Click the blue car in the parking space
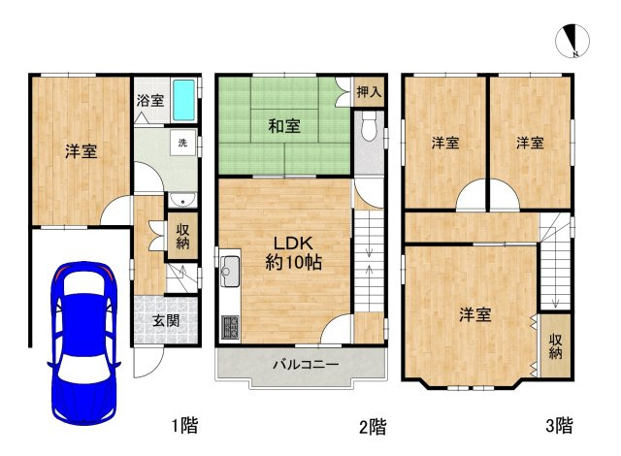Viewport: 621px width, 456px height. tap(83, 342)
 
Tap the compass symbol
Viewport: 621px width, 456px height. tap(572, 41)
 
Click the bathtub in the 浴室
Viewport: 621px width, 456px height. tap(183, 100)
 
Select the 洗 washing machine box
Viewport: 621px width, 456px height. tap(182, 143)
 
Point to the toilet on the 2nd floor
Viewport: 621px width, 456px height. tap(369, 126)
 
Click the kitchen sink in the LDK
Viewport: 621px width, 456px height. tap(230, 272)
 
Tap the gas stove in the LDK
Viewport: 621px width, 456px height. tap(230, 327)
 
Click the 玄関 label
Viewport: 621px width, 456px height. tap(166, 320)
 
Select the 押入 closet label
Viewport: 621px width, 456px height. tap(369, 92)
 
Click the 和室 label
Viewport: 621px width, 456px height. tap(284, 126)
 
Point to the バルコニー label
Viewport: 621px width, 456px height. tap(306, 364)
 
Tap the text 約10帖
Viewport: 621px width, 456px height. tap(293, 262)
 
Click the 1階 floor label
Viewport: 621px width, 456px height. tap(185, 426)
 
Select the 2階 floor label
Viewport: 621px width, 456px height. tap(373, 427)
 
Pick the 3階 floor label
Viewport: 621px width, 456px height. tap(559, 426)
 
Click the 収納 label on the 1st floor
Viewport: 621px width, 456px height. tap(182, 237)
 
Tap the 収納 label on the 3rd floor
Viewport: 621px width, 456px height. tap(556, 346)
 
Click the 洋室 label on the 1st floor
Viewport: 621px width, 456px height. tap(82, 151)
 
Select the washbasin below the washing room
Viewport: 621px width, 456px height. tap(182, 200)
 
